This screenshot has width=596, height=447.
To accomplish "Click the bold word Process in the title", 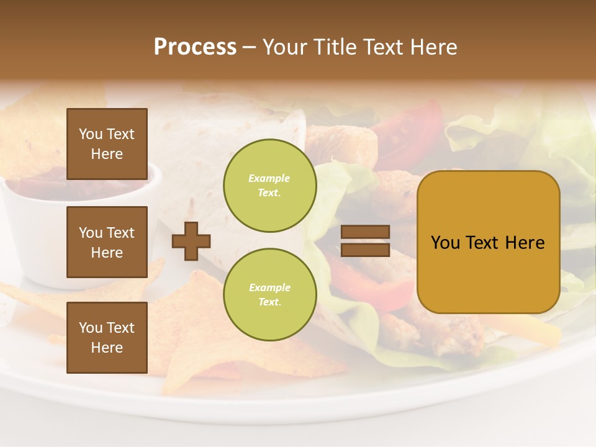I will (195, 47).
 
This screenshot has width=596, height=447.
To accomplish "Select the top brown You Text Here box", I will (107, 144).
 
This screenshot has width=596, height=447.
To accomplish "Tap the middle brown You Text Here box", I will (107, 242).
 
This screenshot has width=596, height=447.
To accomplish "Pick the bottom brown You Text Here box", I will (107, 338).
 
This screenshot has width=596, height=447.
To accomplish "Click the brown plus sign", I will (191, 241).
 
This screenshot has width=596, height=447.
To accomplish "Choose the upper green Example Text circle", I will (269, 186).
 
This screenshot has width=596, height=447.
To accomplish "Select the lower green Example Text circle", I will (269, 295).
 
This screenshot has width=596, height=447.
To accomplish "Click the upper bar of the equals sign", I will (365, 232).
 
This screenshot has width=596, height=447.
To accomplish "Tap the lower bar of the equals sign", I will (365, 250).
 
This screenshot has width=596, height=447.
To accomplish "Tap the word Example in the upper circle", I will (269, 178).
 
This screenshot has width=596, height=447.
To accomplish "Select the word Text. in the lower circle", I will (269, 302).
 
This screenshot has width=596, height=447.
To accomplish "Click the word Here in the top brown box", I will (107, 154).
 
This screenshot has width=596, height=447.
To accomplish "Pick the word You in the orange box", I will (445, 243).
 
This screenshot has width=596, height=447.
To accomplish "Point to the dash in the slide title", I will (249, 47).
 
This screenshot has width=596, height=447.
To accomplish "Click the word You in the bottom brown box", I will (91, 328).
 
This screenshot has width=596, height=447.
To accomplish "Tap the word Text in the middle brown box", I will (120, 233).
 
